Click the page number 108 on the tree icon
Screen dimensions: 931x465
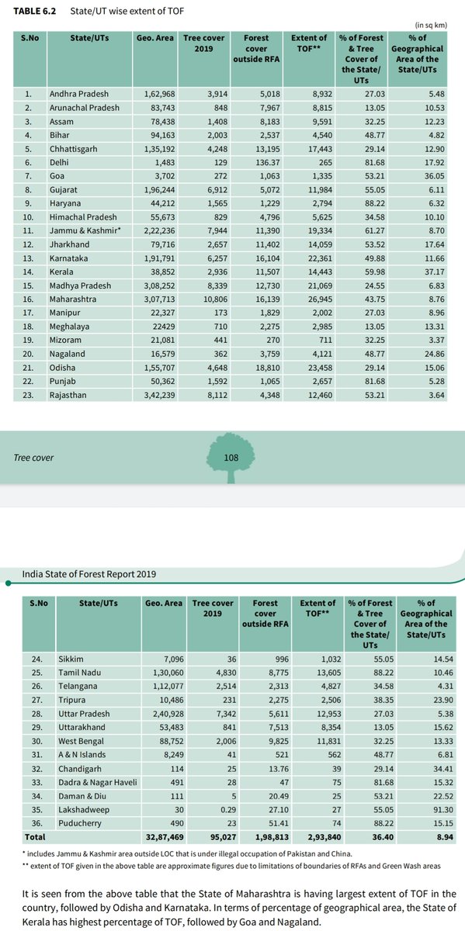pyautogui.click(x=231, y=457)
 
